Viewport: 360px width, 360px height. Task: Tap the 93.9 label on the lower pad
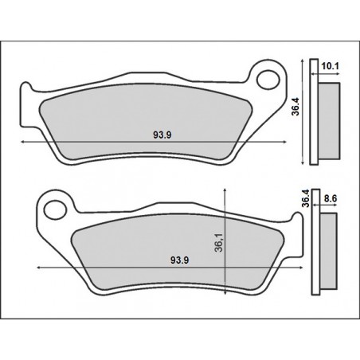[x=179, y=260]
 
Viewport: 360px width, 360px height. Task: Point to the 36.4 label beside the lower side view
[x=305, y=197]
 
